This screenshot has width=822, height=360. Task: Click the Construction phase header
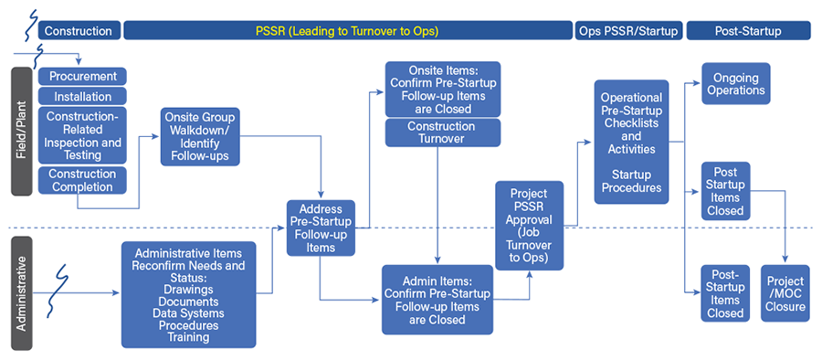point(79,31)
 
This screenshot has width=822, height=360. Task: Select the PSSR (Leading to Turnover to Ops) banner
point(347,31)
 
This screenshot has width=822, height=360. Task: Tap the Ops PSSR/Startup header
point(629,31)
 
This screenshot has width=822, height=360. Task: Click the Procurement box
point(82,76)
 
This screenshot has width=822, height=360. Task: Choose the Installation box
point(82,96)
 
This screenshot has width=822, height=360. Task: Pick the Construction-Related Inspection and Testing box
point(82,136)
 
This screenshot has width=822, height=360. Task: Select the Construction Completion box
point(82,180)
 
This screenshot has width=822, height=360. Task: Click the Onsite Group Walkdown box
point(199,137)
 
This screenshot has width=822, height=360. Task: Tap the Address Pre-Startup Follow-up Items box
point(320,228)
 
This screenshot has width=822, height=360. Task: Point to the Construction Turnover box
point(442,132)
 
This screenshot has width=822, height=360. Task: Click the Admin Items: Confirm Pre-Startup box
point(437,300)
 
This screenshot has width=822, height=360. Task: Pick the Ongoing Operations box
point(735,84)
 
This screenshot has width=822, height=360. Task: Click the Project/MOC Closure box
point(786,293)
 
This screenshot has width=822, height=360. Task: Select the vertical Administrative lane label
point(22,292)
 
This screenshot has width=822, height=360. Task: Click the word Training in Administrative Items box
point(188,337)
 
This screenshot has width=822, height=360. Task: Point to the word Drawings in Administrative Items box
point(188,290)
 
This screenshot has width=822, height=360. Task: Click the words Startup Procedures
point(631,181)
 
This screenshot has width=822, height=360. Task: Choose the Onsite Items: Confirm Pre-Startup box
point(442,90)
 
